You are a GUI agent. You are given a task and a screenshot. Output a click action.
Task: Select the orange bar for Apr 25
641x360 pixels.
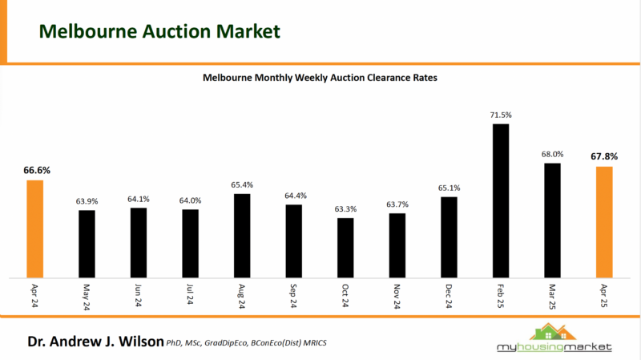(604, 222)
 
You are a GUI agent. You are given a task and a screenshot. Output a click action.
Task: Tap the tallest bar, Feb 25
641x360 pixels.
(500, 200)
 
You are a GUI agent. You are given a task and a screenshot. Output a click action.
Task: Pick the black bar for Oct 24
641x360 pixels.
(345, 247)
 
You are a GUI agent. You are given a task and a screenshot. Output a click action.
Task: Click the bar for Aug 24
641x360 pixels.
(242, 235)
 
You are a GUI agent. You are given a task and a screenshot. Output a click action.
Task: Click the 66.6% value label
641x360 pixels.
(35, 171)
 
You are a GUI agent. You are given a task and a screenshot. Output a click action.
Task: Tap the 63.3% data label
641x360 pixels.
(345, 209)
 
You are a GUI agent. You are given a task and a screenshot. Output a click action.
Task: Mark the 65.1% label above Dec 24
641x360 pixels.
(449, 188)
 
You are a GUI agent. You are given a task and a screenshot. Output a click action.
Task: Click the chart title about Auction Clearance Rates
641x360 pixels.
(320, 79)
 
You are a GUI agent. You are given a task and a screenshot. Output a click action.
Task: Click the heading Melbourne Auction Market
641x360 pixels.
(159, 31)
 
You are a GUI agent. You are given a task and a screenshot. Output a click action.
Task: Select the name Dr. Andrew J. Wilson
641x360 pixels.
(95, 342)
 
